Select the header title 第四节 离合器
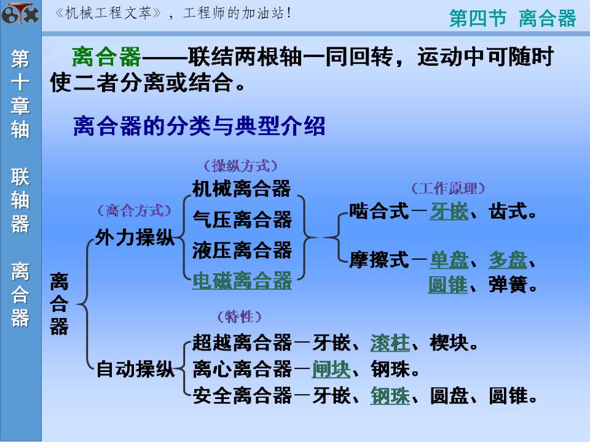513,18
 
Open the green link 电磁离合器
242,281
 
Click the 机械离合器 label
242,188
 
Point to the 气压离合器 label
242,219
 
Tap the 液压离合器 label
242,250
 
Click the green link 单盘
449,260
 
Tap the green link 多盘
508,260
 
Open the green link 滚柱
390,343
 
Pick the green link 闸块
331,370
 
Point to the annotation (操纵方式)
240,166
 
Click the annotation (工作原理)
448,188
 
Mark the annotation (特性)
240,317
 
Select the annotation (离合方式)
134,211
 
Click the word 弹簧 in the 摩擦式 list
508,285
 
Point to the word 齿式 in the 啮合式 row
508,212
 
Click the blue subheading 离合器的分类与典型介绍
199,127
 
